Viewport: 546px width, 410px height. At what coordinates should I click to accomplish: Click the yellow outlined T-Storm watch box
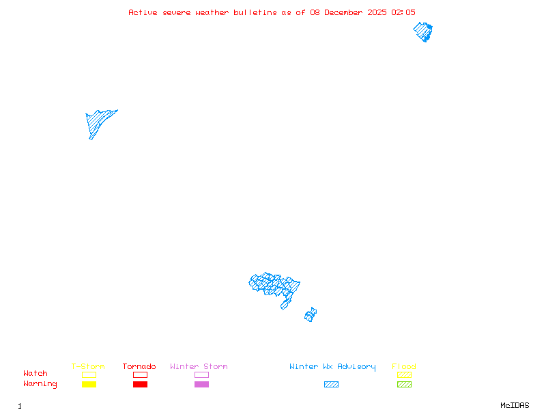[x=89, y=374]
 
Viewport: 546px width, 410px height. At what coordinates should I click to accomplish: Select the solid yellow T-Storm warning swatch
[x=89, y=385]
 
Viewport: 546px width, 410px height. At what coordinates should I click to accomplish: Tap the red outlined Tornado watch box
[x=140, y=374]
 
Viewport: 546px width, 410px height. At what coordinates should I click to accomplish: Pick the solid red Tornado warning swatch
[x=140, y=385]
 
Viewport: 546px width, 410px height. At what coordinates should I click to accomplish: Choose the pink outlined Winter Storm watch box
[x=201, y=374]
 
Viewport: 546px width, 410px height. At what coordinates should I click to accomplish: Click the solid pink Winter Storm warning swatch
[x=201, y=385]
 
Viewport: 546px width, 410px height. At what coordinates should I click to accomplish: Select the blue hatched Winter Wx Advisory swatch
[x=331, y=385]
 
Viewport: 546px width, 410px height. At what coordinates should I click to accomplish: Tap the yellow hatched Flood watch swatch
[x=404, y=374]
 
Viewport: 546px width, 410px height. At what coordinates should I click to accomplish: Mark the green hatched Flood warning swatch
[x=404, y=385]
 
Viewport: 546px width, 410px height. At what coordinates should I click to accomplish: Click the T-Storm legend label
[x=88, y=366]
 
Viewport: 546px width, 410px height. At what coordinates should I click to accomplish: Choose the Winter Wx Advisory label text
[x=332, y=366]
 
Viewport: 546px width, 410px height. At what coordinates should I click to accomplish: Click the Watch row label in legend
[x=35, y=374]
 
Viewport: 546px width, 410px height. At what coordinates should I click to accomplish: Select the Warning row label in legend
[x=40, y=384]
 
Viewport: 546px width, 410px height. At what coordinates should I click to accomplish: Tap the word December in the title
[x=346, y=12]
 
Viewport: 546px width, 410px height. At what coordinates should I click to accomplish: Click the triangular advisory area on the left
[x=98, y=121]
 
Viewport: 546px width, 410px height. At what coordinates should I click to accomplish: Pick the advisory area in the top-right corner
[x=423, y=31]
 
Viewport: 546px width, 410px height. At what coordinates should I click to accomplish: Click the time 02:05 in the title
[x=403, y=12]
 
